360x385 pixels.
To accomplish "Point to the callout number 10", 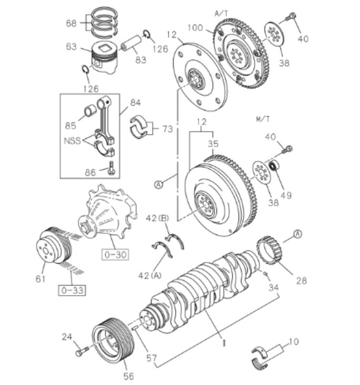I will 294,342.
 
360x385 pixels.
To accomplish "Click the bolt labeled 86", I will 111,169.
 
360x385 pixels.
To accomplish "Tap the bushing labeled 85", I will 89,112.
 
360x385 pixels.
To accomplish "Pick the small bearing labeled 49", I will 274,168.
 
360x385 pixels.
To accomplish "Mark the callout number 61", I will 41,279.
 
